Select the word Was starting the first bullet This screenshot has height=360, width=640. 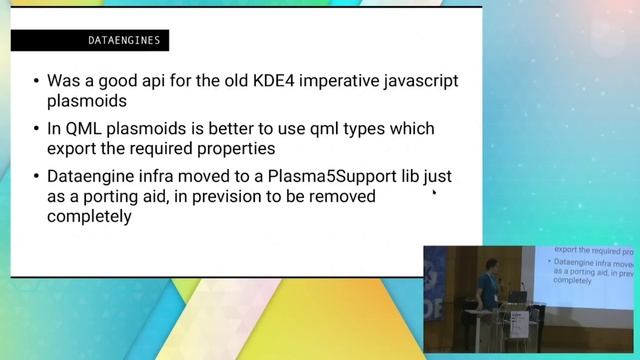66,81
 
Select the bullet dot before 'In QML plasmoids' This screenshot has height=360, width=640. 36,130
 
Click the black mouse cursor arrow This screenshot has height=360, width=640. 433,194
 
